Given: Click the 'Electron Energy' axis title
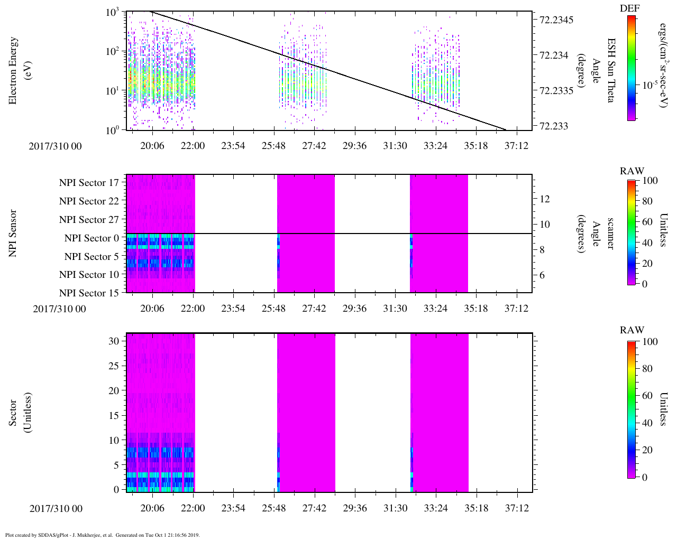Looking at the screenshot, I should pyautogui.click(x=13, y=70).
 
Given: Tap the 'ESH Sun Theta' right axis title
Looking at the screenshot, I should pyautogui.click(x=611, y=70).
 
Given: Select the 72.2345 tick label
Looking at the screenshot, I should pyautogui.click(x=556, y=20).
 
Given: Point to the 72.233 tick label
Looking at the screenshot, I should pyautogui.click(x=553, y=126).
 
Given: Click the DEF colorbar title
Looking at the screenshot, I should pyautogui.click(x=629, y=8).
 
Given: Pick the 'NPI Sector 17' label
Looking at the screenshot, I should pyautogui.click(x=89, y=183).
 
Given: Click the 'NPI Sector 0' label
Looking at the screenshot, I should pyautogui.click(x=92, y=238).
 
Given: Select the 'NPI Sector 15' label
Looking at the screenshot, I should pyautogui.click(x=89, y=293).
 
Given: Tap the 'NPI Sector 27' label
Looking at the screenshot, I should pyautogui.click(x=89, y=220).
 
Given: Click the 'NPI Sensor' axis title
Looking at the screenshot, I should pyautogui.click(x=13, y=234).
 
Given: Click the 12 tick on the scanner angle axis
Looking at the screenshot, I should pyautogui.click(x=545, y=199).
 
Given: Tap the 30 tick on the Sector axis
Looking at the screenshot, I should pyautogui.click(x=113, y=341).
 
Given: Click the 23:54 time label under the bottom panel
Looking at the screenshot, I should pyautogui.click(x=233, y=508).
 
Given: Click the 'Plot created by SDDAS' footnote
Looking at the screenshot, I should pyautogui.click(x=103, y=535).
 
